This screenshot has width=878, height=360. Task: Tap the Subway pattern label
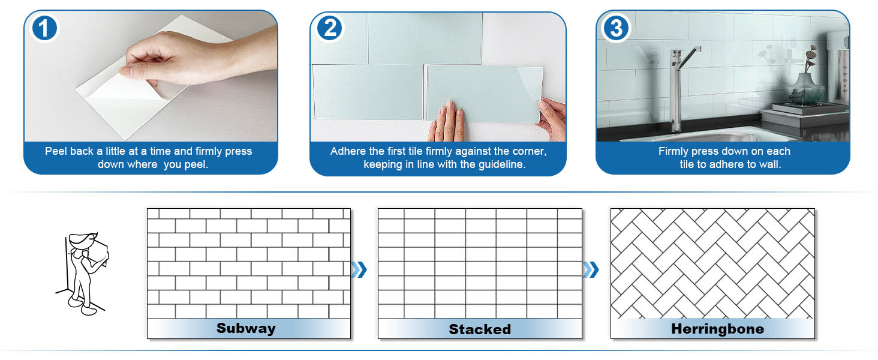click(246, 328)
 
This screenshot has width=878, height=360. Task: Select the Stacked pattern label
click(480, 329)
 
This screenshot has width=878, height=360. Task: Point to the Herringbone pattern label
click(717, 329)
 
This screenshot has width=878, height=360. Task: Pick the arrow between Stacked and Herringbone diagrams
click(591, 269)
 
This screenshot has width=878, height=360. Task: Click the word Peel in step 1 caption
click(56, 151)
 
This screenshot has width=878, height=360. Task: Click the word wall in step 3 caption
click(769, 164)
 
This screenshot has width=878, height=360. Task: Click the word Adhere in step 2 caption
click(348, 151)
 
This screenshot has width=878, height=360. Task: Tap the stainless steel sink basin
click(720, 133)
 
